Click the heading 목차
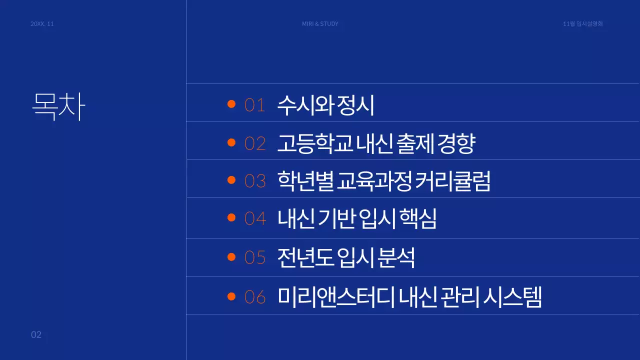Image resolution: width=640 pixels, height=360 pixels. [58, 105]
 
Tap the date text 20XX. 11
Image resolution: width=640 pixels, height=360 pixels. [42, 24]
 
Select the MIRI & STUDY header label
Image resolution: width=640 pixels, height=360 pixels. [320, 24]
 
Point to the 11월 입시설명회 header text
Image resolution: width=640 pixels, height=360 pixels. [582, 24]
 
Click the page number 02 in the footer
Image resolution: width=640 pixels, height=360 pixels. [36, 335]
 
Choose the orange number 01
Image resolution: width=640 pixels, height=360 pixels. [254, 105]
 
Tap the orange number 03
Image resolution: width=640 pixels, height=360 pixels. [255, 181]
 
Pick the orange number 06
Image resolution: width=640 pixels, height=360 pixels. [255, 297]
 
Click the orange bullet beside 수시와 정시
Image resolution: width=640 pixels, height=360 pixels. [231, 104]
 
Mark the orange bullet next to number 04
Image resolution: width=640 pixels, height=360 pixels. [231, 217]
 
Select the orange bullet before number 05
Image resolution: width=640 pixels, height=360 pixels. [231, 256]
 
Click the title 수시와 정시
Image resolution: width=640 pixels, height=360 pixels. [325, 105]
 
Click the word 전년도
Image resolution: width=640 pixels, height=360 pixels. [305, 257]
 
